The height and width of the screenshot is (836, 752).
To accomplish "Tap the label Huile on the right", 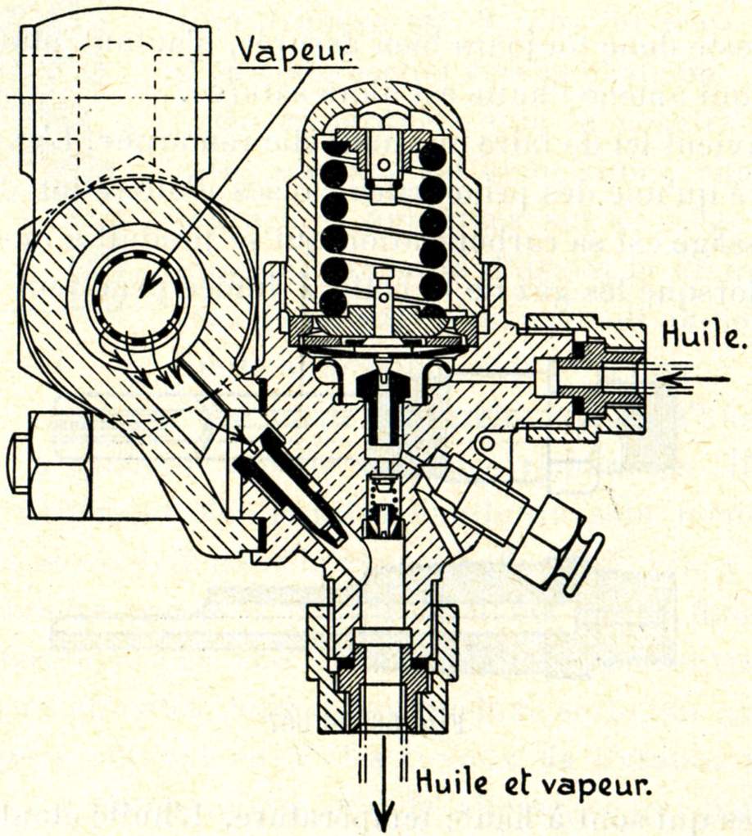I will click(x=704, y=335).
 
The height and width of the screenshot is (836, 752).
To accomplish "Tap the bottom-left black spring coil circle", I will click(x=333, y=302).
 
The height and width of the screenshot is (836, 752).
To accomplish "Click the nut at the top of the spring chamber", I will click(x=383, y=123).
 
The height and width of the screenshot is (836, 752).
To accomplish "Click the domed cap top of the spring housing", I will click(x=383, y=93).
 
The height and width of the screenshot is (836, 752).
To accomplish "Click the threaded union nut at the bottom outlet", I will click(x=383, y=688).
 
